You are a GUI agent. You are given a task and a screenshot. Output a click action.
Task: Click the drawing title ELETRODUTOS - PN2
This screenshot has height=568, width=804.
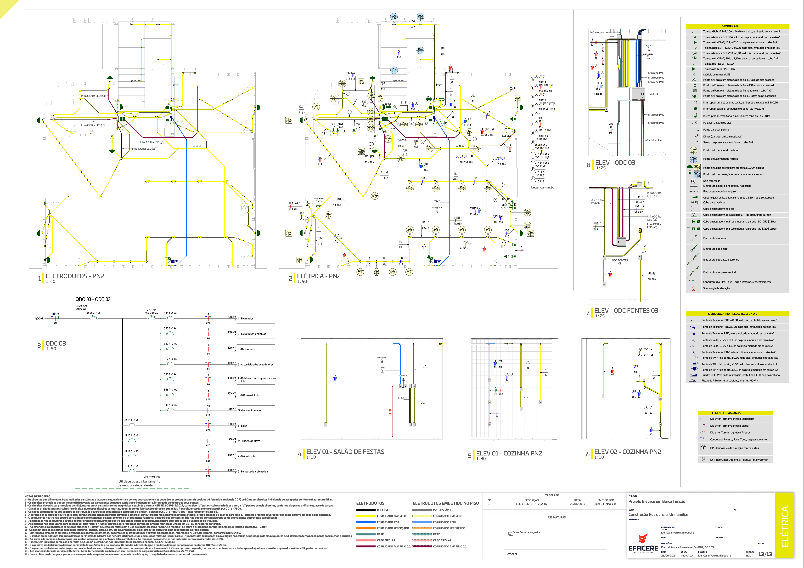click(x=75, y=276)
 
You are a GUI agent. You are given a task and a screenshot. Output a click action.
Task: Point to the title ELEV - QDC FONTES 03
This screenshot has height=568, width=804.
click(x=626, y=311)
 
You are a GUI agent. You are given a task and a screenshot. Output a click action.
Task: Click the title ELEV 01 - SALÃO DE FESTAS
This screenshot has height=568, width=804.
click(x=345, y=452)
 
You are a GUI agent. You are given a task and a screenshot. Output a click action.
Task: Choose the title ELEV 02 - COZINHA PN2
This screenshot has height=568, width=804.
click(x=628, y=452)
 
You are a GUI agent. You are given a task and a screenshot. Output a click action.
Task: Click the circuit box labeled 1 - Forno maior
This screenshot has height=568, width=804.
click(x=256, y=319)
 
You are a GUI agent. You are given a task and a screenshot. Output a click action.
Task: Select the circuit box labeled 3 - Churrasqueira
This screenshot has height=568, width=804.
click(x=256, y=349)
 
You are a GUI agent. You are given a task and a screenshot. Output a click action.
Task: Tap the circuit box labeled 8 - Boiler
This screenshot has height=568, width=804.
click(x=256, y=426)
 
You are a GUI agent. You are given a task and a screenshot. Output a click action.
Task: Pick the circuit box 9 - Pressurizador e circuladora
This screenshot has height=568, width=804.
click(x=256, y=472)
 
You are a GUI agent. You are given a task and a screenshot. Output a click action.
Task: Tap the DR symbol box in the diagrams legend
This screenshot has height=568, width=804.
click(x=703, y=460)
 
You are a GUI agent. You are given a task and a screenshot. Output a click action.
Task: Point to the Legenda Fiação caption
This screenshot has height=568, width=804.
click(x=542, y=187)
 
